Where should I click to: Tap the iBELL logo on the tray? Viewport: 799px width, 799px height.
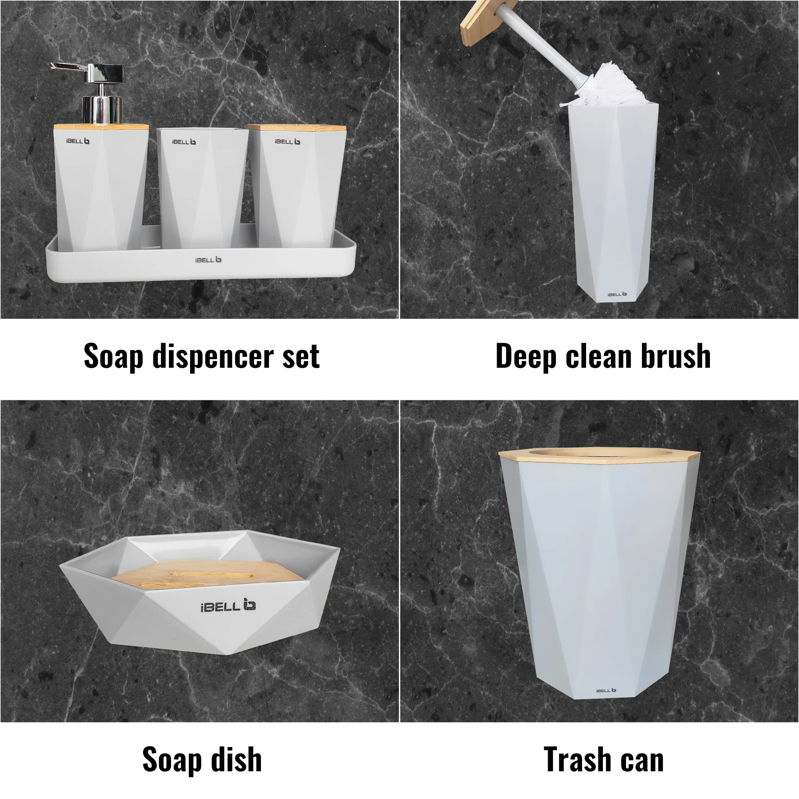pos(208,260)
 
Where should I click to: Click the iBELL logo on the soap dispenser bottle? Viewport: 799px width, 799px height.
pos(78,141)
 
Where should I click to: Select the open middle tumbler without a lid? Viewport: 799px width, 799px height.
pos(203,188)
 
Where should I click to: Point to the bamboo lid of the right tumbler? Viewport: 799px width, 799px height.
pos(297,128)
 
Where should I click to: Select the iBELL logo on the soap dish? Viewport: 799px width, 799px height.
pos(228,606)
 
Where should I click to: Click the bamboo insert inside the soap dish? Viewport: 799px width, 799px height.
pos(207,574)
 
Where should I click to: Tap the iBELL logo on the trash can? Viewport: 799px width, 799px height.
pos(606,690)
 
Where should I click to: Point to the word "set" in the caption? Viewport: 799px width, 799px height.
pos(301,358)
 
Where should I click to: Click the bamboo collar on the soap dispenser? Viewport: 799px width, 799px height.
pos(101,127)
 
